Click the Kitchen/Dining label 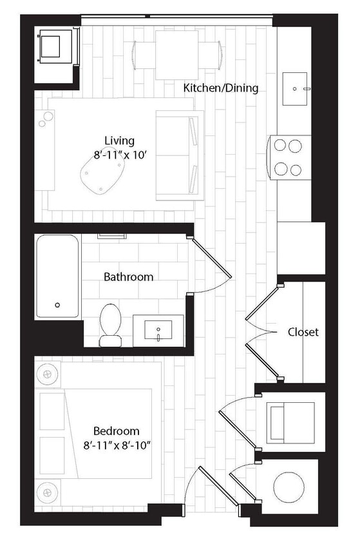pyautogui.click(x=221, y=88)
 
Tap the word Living pyautogui.click(x=119, y=141)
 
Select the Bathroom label pyautogui.click(x=129, y=277)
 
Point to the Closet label pyautogui.click(x=303, y=333)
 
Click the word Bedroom pyautogui.click(x=116, y=431)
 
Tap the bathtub pyautogui.click(x=58, y=276)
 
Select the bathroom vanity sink pyautogui.click(x=158, y=331)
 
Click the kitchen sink pyautogui.click(x=298, y=88)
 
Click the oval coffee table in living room pyautogui.click(x=102, y=173)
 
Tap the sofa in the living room pyautogui.click(x=180, y=155)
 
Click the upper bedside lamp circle pyautogui.click(x=48, y=373)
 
